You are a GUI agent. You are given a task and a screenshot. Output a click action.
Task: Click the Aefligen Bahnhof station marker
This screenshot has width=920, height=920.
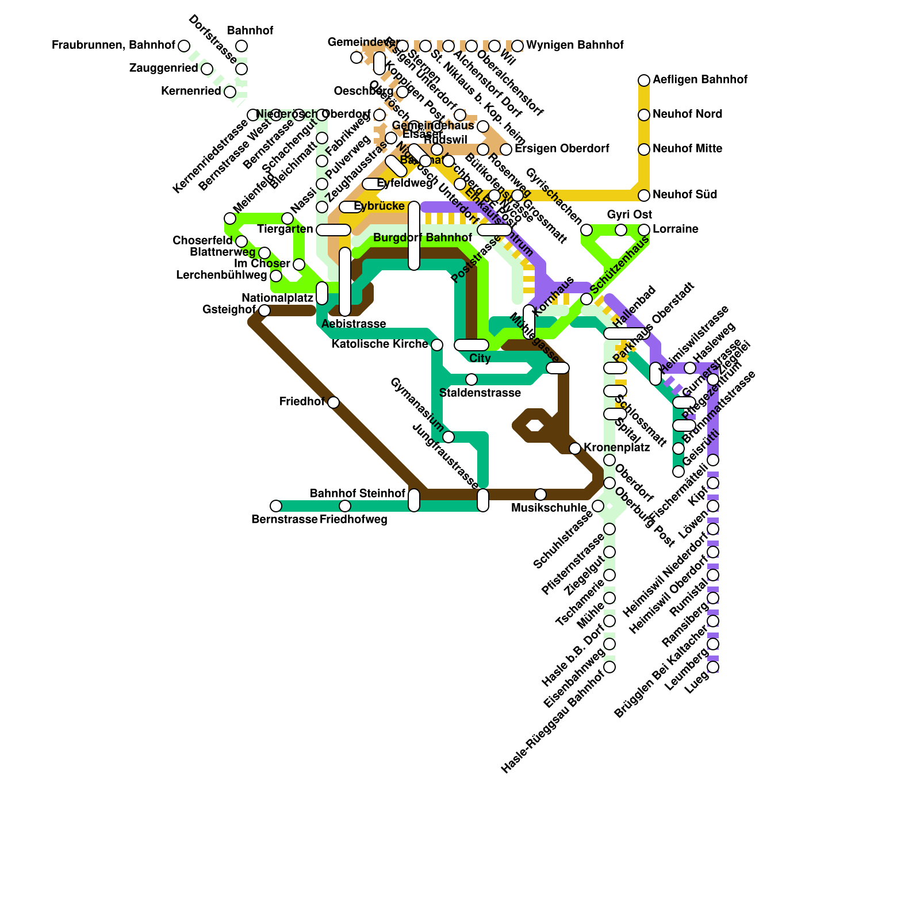644,80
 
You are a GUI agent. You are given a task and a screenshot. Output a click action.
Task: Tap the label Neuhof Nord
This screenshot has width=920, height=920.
687,114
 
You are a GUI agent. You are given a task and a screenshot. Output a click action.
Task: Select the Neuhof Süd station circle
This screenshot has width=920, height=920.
644,195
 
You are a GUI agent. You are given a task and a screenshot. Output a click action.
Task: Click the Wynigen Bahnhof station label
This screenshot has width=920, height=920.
574,45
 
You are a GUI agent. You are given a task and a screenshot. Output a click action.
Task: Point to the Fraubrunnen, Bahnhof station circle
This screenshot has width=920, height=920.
184,46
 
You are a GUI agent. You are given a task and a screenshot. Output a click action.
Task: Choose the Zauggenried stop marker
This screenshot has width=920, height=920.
207,69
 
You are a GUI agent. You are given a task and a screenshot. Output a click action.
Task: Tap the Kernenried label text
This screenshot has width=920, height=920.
191,91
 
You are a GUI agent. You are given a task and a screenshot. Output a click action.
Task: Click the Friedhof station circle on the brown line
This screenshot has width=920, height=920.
333,402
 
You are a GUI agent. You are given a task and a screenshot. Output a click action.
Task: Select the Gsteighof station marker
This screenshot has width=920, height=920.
264,310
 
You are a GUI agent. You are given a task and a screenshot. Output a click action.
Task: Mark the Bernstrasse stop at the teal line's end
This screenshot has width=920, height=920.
276,506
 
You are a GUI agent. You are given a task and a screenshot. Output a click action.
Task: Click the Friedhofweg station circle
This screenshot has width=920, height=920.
345,506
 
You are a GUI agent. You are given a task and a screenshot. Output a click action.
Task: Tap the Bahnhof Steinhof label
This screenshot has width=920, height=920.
358,494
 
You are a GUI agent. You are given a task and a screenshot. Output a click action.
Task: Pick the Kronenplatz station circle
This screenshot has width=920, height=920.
575,448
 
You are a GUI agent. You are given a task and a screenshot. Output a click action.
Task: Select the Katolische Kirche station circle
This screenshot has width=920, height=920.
437,345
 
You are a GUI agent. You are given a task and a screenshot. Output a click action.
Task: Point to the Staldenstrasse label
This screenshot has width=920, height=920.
480,393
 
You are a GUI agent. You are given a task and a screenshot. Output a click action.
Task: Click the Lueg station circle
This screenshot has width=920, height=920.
713,667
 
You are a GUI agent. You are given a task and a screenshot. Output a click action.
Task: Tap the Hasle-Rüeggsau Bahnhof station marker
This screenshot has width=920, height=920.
609,667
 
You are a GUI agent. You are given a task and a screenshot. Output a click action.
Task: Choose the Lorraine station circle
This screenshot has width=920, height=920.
644,230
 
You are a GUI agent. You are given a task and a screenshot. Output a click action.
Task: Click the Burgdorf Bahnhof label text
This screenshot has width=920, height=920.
423,238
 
